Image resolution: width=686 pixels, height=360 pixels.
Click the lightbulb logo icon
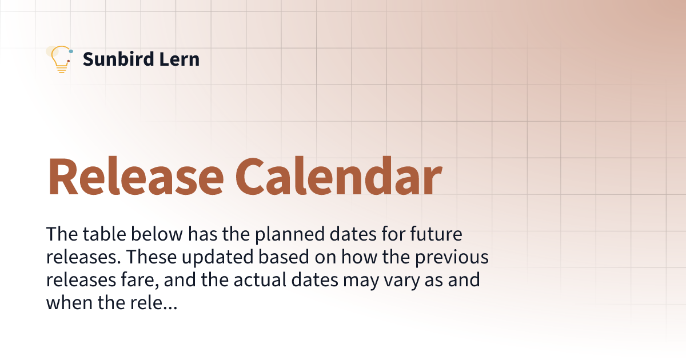coord(59,59)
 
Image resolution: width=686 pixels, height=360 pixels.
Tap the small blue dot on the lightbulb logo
coord(70,51)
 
